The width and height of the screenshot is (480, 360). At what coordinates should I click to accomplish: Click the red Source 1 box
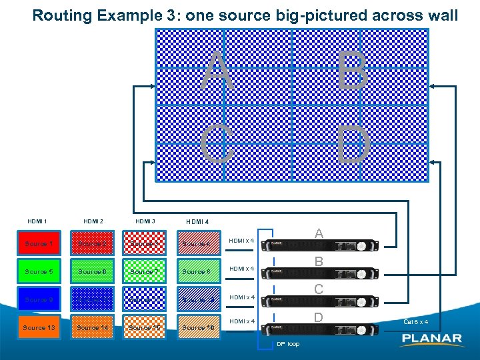pos(38,244)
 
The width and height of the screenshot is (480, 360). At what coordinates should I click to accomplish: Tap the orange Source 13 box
pos(39,327)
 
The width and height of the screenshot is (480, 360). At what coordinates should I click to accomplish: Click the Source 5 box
pos(39,272)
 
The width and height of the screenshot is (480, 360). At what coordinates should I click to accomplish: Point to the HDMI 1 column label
pos(37,221)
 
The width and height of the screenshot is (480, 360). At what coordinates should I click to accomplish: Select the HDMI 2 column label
pos(93,221)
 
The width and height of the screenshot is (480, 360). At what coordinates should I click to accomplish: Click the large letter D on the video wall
pos(353,145)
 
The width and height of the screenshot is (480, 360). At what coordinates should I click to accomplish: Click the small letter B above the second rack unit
pos(319,262)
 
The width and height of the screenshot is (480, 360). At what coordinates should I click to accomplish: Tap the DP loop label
pos(288,344)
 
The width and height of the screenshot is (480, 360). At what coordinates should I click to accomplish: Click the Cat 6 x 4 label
pos(415,322)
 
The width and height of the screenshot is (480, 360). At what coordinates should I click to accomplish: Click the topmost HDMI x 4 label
pos(241,241)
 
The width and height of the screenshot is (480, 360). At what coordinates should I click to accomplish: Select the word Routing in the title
pos(62,15)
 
